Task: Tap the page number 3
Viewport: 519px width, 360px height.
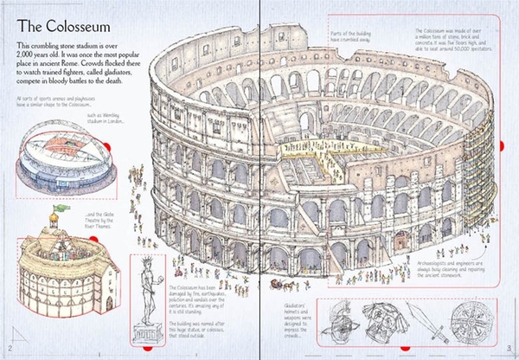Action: (x=509, y=350)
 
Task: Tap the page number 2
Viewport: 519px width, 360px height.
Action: (x=8, y=350)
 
